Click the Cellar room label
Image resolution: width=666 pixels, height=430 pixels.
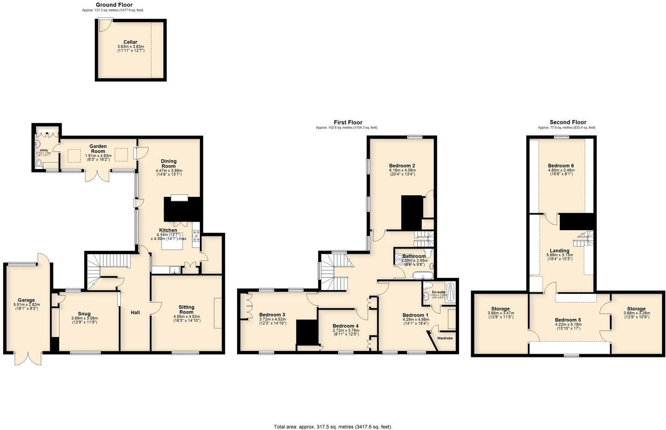coord(130,42)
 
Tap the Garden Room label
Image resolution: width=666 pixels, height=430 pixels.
coord(98,148)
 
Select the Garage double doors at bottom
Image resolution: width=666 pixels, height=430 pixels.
coord(28,358)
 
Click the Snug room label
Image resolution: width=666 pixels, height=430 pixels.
coord(84,314)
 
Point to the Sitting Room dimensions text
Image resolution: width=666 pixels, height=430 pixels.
coord(187,318)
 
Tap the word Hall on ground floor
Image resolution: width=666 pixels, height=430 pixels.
coord(135,312)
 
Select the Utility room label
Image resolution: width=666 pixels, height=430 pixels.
coord(44,150)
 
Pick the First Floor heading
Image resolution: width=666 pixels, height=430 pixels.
coord(348,122)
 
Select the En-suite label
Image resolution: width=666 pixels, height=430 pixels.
coord(438,292)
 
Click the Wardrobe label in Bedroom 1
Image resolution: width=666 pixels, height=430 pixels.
coord(444,338)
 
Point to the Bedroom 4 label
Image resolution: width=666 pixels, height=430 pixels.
coord(345,326)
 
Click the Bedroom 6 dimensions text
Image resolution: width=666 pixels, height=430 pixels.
coord(561,172)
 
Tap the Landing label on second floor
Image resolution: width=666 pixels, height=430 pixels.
coord(559,251)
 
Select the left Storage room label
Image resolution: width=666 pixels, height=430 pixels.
coord(500,309)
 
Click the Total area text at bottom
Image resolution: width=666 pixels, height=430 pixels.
coord(332,426)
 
